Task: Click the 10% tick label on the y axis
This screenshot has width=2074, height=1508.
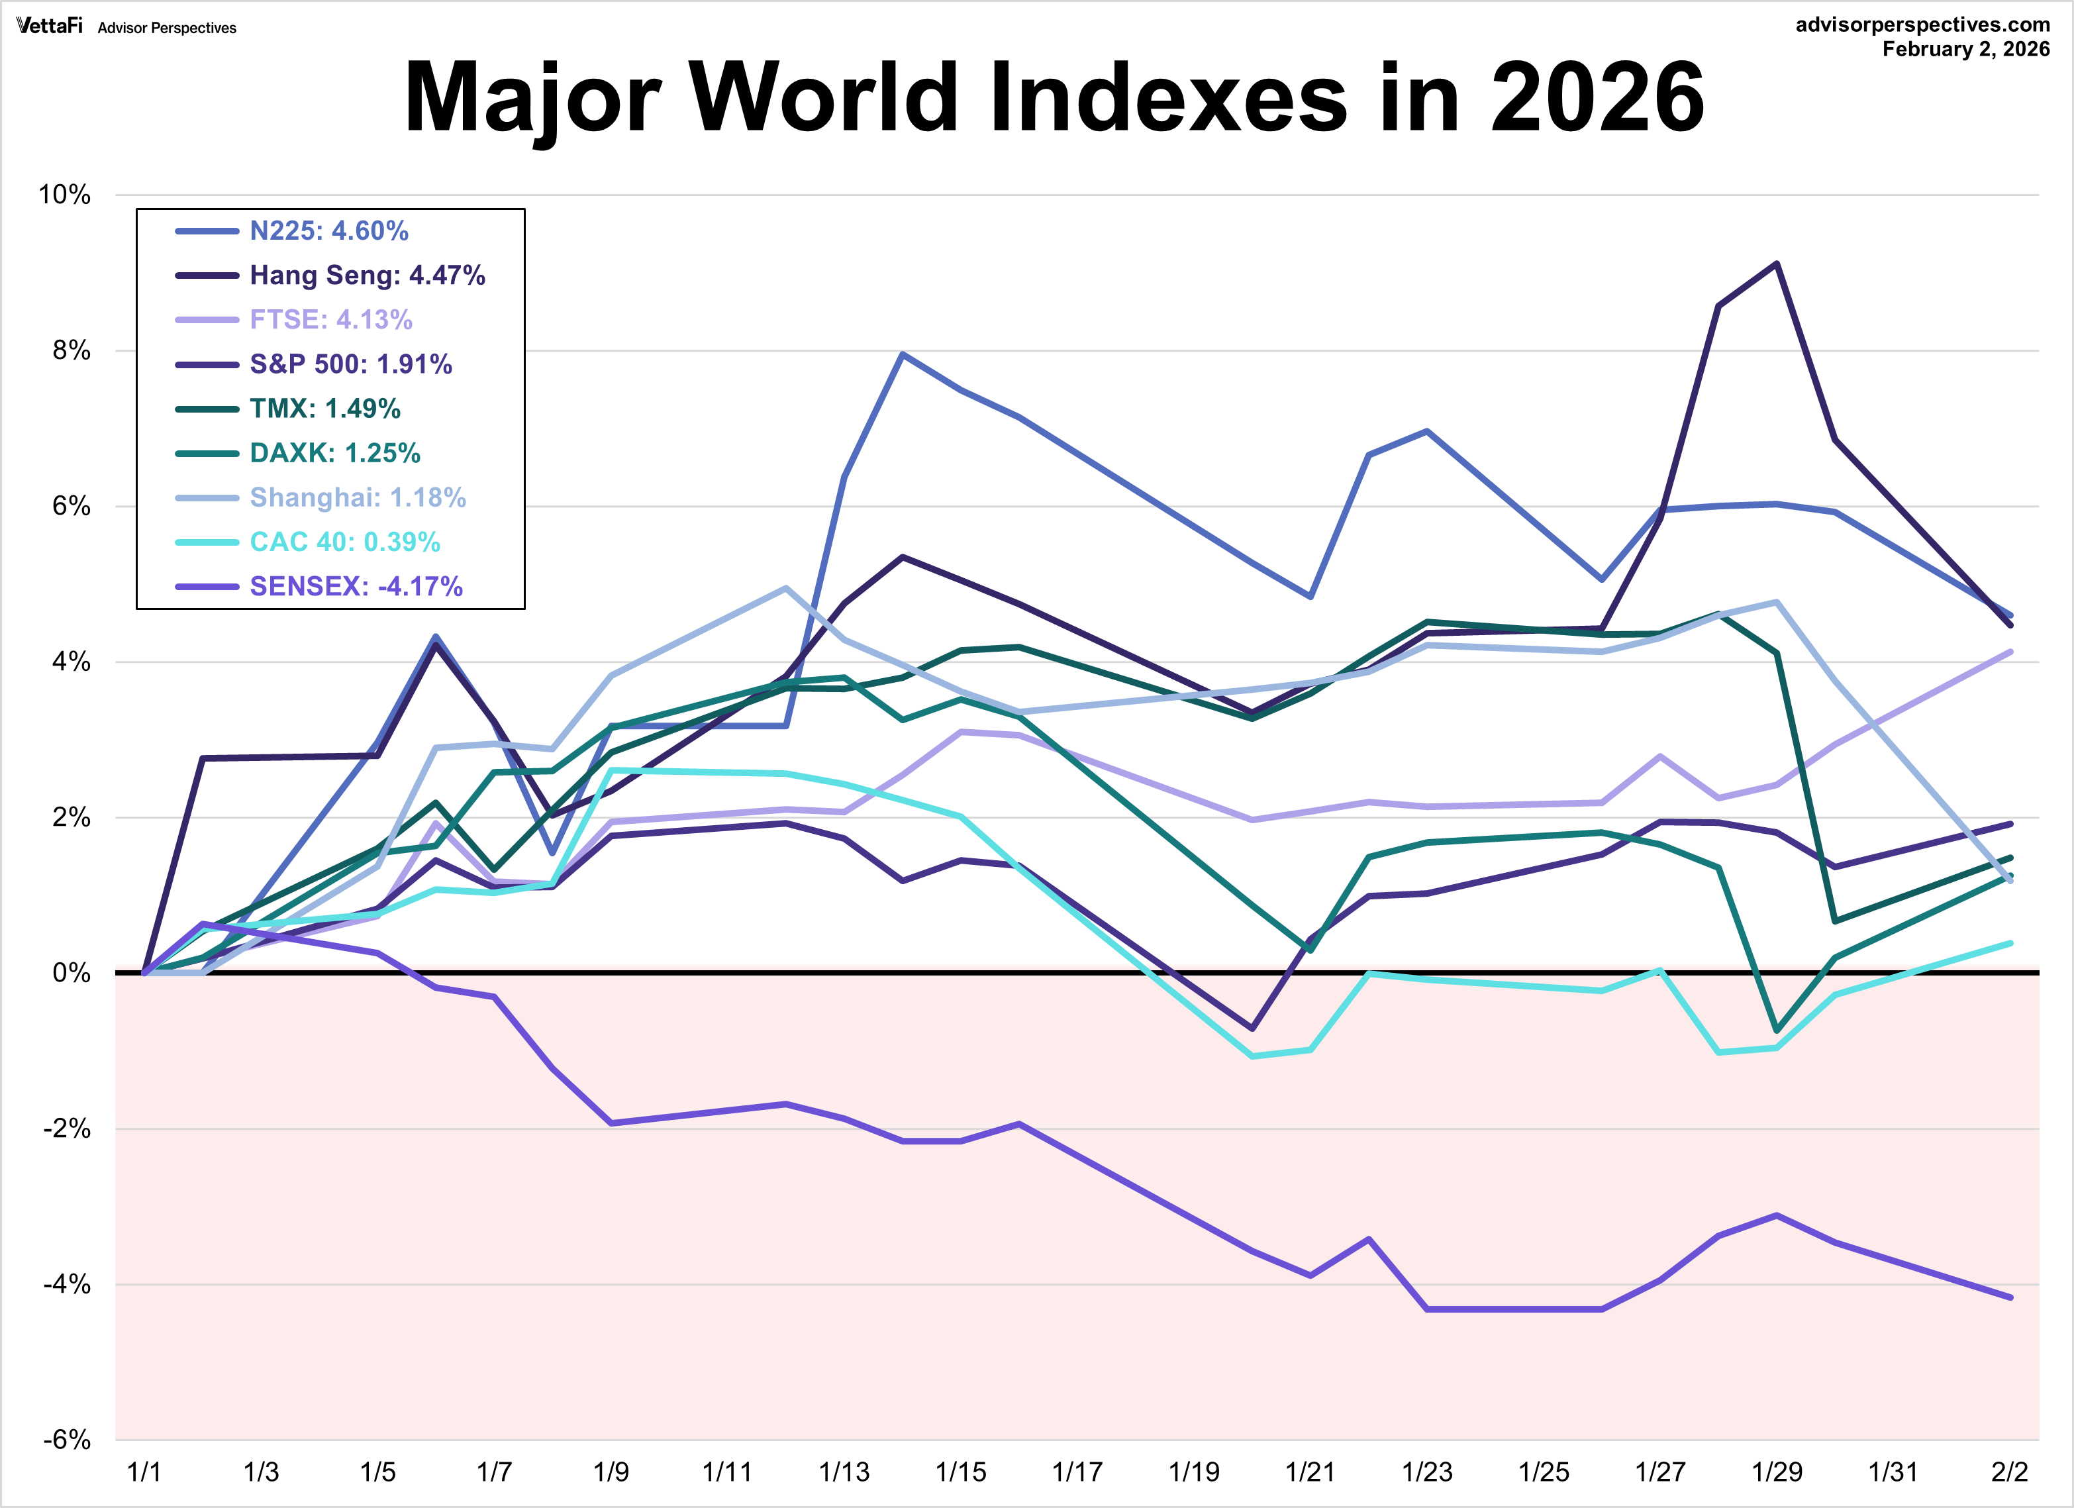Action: click(64, 195)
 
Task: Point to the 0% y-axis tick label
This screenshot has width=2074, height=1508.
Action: click(72, 973)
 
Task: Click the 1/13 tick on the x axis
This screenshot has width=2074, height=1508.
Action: click(844, 1472)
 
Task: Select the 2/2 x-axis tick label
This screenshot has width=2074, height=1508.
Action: click(2009, 1472)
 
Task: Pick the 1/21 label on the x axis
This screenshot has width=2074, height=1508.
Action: click(1310, 1472)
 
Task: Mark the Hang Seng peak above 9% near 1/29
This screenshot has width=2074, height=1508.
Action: click(1776, 264)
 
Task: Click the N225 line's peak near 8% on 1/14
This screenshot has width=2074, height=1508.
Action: click(903, 354)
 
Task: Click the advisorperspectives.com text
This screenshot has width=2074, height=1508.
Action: click(1922, 25)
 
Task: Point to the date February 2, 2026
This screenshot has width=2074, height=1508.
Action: click(1965, 50)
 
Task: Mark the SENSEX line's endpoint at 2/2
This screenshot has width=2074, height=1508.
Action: click(2010, 1297)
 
